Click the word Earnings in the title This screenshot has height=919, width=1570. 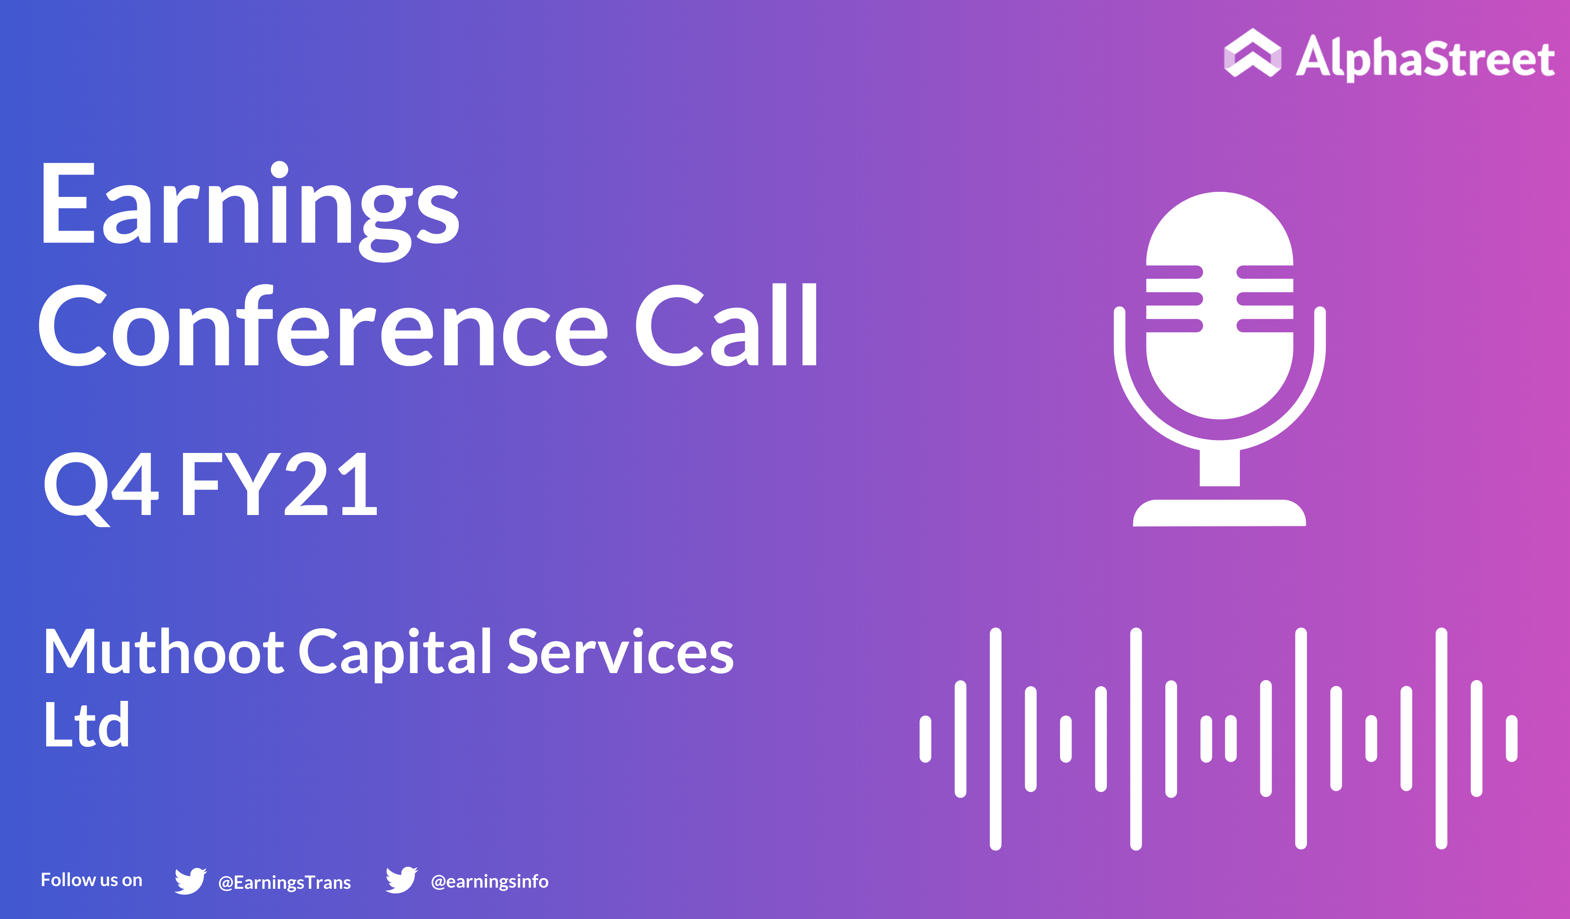250,212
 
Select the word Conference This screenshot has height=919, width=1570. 323,325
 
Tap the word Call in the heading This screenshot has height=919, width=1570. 727,325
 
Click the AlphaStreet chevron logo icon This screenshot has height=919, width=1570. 1252,53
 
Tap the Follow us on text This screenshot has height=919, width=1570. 91,880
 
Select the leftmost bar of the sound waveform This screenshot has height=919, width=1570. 925,739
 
